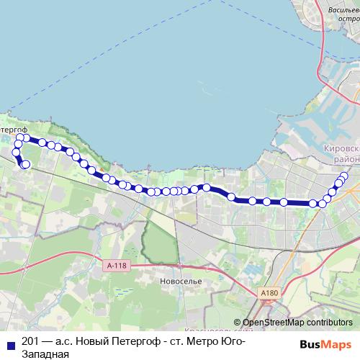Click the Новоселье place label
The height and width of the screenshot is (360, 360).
pos(181,280)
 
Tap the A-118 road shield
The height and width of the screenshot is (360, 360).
pos(116,265)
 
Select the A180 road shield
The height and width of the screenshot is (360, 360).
pos(269,292)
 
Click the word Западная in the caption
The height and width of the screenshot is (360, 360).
pos(45,354)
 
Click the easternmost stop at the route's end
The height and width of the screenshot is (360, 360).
pos(344,176)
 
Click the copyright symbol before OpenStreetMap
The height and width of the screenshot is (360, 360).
pos(238,323)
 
